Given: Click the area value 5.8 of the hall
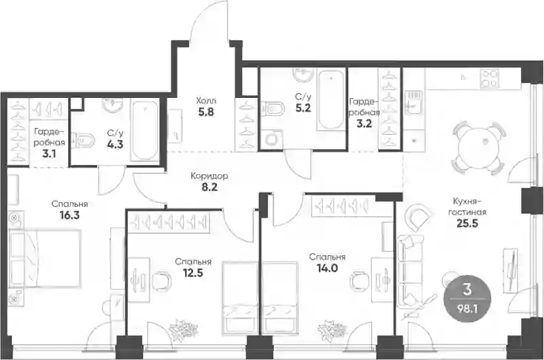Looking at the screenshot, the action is pos(206,112).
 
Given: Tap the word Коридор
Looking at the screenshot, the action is pos(209,176).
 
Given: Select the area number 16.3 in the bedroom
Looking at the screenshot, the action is pos(69,215).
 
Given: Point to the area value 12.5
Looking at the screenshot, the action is pos(193,272).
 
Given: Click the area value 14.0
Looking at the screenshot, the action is pos(327,267).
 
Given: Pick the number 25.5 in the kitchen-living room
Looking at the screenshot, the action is pos(467,223).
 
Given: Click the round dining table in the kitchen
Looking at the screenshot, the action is pos(478,147).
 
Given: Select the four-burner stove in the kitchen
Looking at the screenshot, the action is pos(490,78).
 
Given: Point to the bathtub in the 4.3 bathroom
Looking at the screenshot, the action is pos(145,130).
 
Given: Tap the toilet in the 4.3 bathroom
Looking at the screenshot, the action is pos(83,141).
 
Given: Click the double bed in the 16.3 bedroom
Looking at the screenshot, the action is pos(45,259).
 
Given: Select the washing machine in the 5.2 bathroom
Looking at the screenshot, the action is pos(271,140).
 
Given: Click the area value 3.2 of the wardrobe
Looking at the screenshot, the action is pos(364,123).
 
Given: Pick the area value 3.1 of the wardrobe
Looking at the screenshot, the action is pos(49,153).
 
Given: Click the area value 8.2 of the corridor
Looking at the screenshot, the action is pos(209,187).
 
